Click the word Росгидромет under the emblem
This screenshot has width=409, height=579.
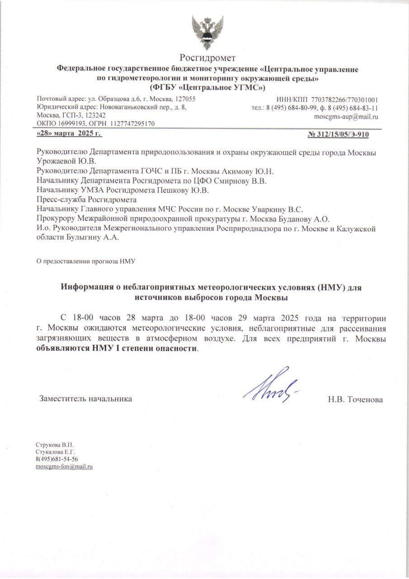(207, 58)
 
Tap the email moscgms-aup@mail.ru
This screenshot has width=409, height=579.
(346, 116)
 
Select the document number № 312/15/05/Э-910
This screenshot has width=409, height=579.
(344, 134)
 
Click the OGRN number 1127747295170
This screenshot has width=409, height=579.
(132, 123)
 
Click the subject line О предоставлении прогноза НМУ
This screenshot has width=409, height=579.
(86, 261)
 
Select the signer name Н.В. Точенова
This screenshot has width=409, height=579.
(356, 399)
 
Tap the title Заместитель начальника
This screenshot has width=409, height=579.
(86, 399)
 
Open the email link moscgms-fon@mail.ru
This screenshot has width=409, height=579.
(64, 466)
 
